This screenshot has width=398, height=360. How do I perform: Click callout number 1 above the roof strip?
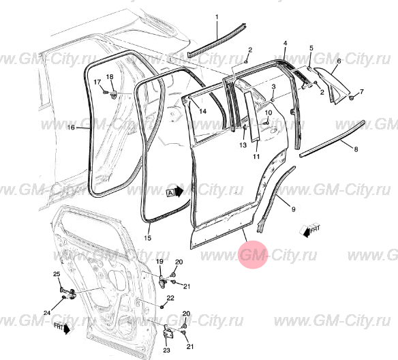click(x=217, y=17)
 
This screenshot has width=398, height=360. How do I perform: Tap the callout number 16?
click(x=71, y=127)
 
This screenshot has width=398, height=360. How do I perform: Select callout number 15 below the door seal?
click(x=147, y=238)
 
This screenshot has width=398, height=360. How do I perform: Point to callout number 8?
click(x=356, y=149)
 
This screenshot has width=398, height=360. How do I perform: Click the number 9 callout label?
click(x=294, y=209)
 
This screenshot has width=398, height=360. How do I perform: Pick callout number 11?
click(x=256, y=157)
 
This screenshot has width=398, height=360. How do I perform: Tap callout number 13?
click(x=243, y=145)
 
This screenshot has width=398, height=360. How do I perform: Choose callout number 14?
click(x=203, y=111)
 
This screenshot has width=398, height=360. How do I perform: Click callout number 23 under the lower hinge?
click(x=166, y=350)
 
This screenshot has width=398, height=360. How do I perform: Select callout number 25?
click(x=57, y=274)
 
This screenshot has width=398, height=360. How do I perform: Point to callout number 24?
click(x=47, y=313)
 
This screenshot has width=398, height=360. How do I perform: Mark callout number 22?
click(x=170, y=298)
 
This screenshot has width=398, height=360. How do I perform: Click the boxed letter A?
click(x=170, y=193)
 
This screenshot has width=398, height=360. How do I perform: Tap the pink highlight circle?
click(x=254, y=254)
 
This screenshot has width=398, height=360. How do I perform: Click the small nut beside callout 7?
click(x=352, y=97)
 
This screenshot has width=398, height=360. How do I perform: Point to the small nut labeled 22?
click(x=162, y=307)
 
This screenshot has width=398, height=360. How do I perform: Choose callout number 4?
click(x=285, y=43)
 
